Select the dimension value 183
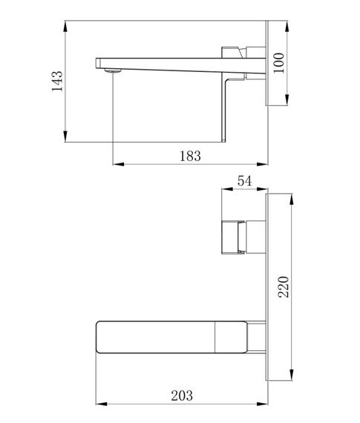click(190, 155)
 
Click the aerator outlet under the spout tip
click(112, 71)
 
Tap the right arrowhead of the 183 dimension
click(264, 163)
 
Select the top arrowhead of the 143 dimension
click(68, 25)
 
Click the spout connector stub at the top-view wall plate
click(256, 338)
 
